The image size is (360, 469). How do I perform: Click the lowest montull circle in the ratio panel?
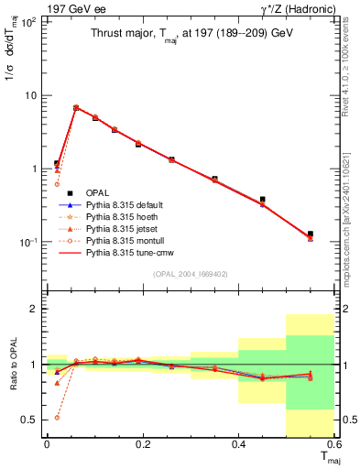coord(57,417)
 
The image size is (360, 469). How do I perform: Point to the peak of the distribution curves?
coord(76,107)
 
